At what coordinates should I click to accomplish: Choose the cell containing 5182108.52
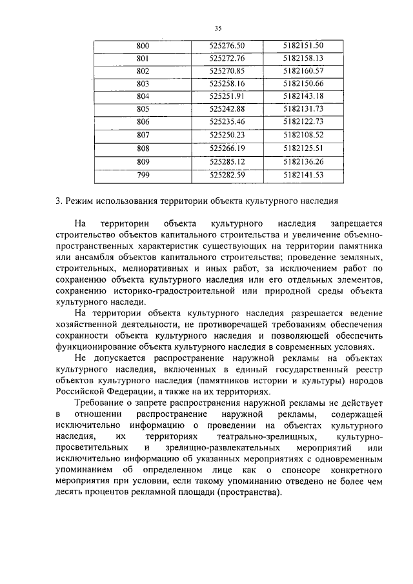[x=303, y=135]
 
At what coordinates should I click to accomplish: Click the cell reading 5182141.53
[x=303, y=174]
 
